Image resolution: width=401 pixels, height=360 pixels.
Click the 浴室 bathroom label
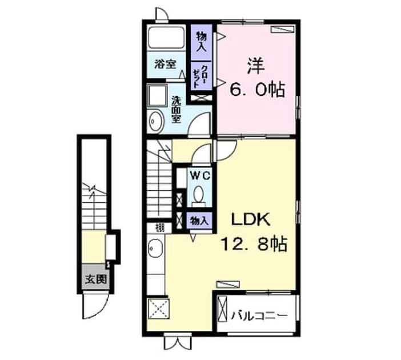(x=165, y=64)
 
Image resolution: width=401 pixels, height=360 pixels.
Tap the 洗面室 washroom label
(x=176, y=109)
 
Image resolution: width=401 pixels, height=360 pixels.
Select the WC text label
(x=200, y=176)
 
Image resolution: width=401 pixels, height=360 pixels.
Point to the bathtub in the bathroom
(x=166, y=38)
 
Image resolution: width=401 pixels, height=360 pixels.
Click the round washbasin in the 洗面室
(x=157, y=121)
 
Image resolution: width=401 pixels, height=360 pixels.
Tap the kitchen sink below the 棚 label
(x=156, y=248)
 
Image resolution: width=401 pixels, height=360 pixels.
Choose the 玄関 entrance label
(x=96, y=279)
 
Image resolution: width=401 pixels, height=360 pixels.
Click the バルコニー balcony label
(x=259, y=315)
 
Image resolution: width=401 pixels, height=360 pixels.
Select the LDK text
(x=251, y=219)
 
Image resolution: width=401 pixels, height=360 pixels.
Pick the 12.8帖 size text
(x=254, y=244)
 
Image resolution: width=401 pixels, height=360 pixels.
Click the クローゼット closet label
(x=201, y=77)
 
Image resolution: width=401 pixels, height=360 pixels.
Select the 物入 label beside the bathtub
(x=202, y=42)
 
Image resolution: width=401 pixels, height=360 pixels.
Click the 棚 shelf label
(x=161, y=227)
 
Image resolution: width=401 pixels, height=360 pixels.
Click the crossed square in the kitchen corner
(x=159, y=309)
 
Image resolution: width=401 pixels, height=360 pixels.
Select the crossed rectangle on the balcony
(x=222, y=309)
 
